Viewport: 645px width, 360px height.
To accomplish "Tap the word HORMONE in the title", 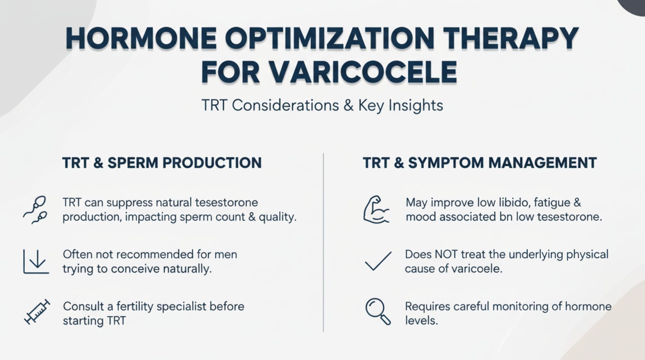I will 141,38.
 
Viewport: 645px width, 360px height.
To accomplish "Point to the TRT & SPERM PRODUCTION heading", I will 162,163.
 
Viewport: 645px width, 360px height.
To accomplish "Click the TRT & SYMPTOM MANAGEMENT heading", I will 479,163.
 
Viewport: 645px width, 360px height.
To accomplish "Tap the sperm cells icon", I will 36,210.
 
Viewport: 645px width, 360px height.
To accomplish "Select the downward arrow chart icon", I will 36,261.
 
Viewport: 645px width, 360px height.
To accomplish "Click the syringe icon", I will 37,312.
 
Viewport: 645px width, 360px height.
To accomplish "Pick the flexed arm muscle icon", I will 375,210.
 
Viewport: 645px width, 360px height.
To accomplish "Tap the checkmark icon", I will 378,261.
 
